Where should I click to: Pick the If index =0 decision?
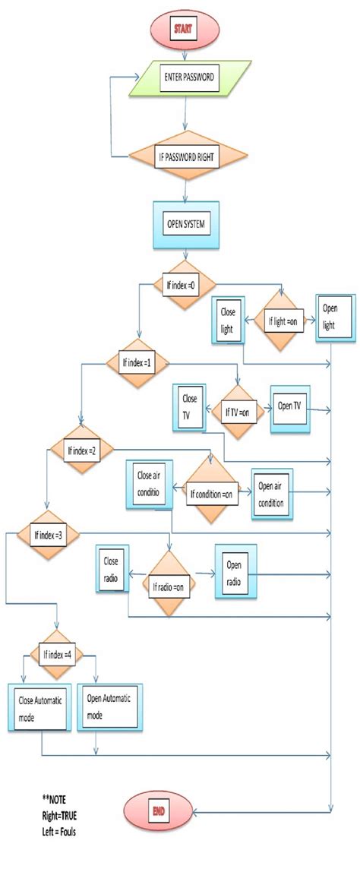(182, 286)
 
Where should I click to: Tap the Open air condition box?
(272, 492)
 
